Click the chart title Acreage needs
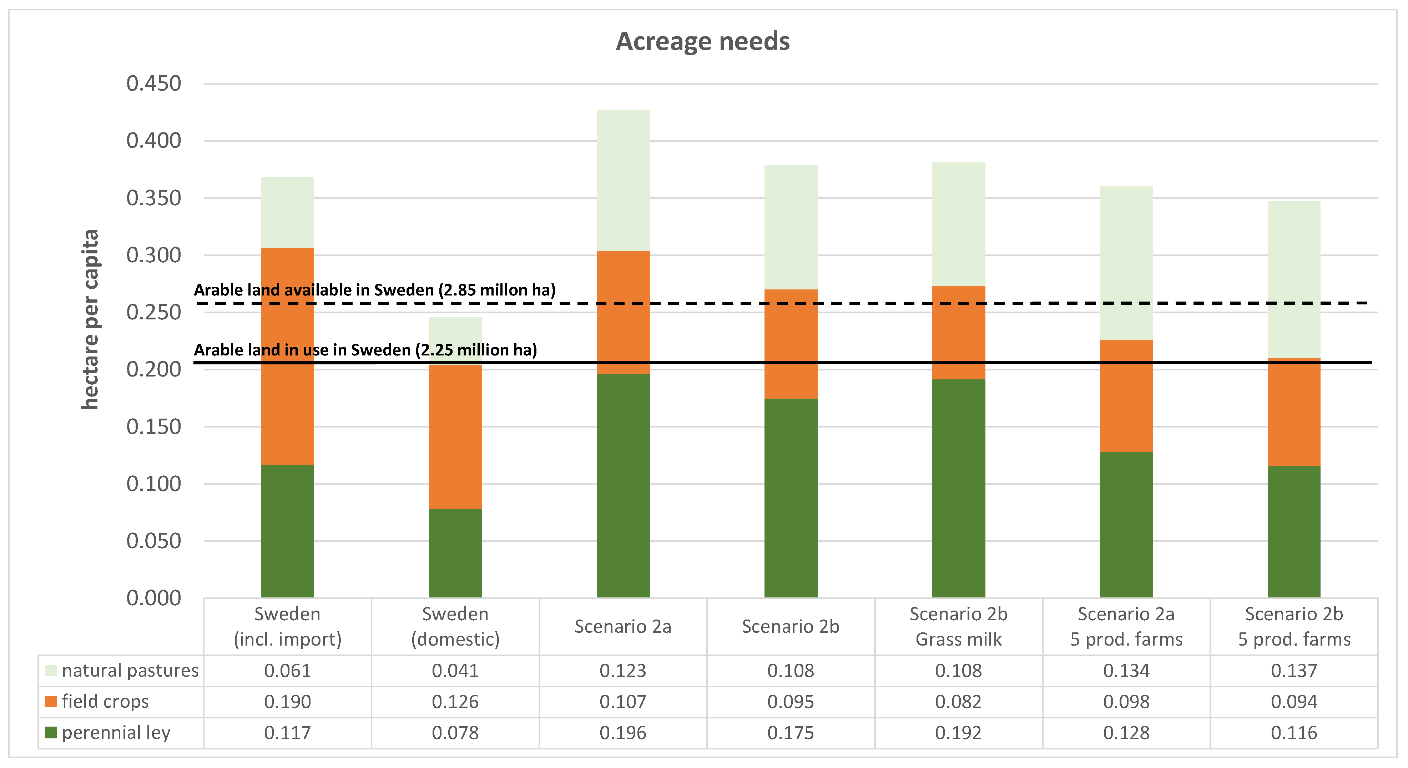click(x=702, y=41)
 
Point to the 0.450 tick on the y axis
click(x=153, y=84)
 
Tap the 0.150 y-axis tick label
click(x=153, y=426)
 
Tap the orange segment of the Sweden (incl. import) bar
click(x=288, y=355)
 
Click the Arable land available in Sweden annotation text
click(x=374, y=290)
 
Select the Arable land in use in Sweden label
click(x=365, y=350)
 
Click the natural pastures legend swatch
click(x=51, y=670)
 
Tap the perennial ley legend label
click(x=116, y=732)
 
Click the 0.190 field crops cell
click(x=288, y=701)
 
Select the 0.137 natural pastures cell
click(x=1294, y=670)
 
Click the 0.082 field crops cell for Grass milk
click(x=958, y=701)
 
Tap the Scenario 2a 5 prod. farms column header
click(x=1126, y=626)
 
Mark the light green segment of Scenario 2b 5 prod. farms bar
click(x=1294, y=279)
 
